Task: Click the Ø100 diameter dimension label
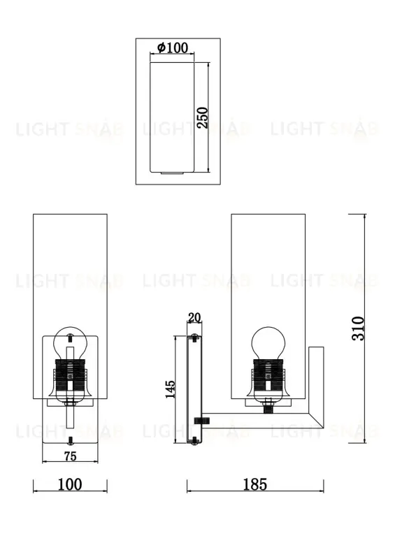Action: click(173, 48)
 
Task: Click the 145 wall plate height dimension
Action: click(170, 389)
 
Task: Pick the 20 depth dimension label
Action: click(194, 318)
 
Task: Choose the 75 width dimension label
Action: click(70, 457)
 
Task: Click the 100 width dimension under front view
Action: click(70, 484)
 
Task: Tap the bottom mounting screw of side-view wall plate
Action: click(194, 440)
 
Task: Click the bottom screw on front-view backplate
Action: click(71, 440)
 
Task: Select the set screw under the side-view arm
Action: click(203, 420)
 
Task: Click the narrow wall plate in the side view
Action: click(194, 389)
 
